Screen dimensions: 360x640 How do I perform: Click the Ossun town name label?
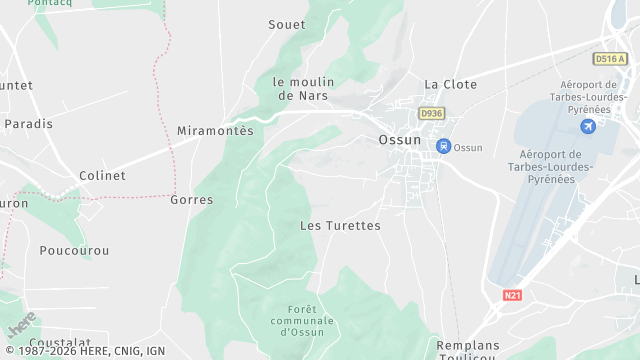(x=400, y=140)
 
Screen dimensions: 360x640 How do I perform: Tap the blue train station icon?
(x=442, y=147)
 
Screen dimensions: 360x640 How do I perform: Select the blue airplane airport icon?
(x=588, y=126)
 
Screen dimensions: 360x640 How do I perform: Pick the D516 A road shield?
(x=609, y=59)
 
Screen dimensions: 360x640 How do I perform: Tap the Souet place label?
(x=287, y=24)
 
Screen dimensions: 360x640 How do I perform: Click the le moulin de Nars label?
(x=303, y=88)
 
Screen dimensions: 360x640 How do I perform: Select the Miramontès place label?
(x=215, y=131)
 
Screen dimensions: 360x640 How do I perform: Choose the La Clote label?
(x=451, y=84)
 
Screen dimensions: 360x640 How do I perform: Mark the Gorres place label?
(x=192, y=200)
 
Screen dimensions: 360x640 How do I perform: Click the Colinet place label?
(x=102, y=175)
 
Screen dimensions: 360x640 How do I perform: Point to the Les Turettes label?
(x=341, y=226)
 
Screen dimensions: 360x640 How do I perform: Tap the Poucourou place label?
(x=74, y=250)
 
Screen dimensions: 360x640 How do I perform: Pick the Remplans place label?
(x=468, y=345)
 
